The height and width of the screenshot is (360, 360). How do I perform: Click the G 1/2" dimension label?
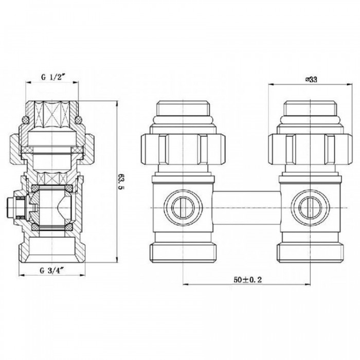point(52,77)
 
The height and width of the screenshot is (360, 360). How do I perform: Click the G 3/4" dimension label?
point(51,271)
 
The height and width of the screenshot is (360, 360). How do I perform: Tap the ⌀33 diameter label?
point(311,79)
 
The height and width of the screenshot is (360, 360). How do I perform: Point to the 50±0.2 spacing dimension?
point(248,280)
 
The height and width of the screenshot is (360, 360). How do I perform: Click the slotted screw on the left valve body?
point(183,208)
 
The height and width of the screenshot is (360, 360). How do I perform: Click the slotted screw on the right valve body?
point(311,208)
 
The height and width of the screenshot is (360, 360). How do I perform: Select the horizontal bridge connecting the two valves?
point(246,208)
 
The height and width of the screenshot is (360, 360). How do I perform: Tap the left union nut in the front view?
point(183,149)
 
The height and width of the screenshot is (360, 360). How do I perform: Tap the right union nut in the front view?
point(310,149)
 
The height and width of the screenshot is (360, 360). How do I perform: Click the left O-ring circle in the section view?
point(26,119)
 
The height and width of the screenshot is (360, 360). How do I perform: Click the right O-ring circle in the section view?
point(79,119)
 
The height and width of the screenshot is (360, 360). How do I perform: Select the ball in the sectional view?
point(52,208)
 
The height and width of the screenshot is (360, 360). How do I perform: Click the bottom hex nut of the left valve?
point(183,253)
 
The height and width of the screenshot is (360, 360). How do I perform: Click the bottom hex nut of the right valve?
point(311,253)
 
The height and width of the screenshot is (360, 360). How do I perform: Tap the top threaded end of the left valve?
point(183,109)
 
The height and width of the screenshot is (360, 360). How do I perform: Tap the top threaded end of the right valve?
point(311,109)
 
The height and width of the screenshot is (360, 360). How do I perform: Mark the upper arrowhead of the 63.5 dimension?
point(117,103)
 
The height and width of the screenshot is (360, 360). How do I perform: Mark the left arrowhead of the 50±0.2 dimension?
point(186,285)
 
